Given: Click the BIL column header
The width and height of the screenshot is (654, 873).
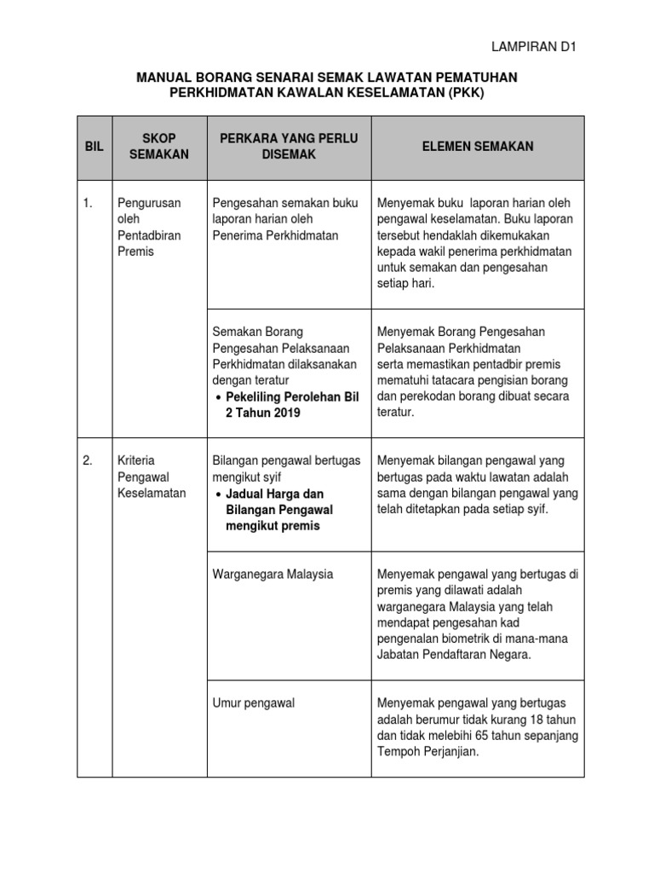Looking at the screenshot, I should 94,147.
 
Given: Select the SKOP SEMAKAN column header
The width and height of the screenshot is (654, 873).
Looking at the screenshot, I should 158,147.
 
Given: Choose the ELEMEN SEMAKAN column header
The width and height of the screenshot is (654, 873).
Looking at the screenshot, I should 478,147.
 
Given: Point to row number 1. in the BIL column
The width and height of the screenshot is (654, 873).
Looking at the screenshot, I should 88,203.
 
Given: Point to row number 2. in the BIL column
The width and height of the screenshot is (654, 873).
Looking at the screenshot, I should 88,461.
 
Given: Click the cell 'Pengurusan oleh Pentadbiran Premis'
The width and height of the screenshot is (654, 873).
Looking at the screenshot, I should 148,228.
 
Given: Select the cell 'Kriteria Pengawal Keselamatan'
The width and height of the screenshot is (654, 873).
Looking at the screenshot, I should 151,477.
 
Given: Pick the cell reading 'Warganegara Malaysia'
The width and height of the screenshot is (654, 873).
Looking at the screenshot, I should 272,575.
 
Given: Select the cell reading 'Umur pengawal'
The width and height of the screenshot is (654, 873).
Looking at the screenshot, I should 253,703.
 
